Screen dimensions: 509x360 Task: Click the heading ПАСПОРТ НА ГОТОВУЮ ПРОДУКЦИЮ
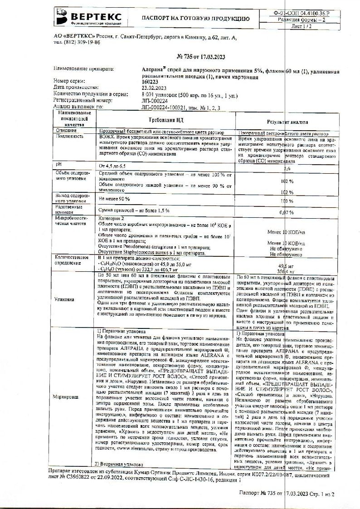195,19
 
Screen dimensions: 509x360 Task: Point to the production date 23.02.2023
155,86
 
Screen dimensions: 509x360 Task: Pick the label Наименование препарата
83,69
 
